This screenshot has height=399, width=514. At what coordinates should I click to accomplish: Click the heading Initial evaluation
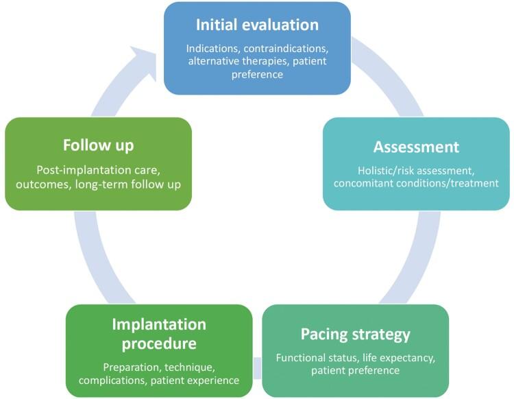click(x=257, y=25)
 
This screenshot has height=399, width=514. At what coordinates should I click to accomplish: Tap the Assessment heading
click(x=416, y=147)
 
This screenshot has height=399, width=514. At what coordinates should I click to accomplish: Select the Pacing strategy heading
click(x=355, y=335)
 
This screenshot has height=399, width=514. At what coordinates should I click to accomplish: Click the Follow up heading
click(x=98, y=145)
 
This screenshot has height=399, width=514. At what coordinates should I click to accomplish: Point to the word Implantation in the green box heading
click(x=159, y=324)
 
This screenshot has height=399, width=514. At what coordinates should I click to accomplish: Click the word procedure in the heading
click(x=159, y=344)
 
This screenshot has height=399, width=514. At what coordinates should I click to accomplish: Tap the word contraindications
click(x=286, y=49)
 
